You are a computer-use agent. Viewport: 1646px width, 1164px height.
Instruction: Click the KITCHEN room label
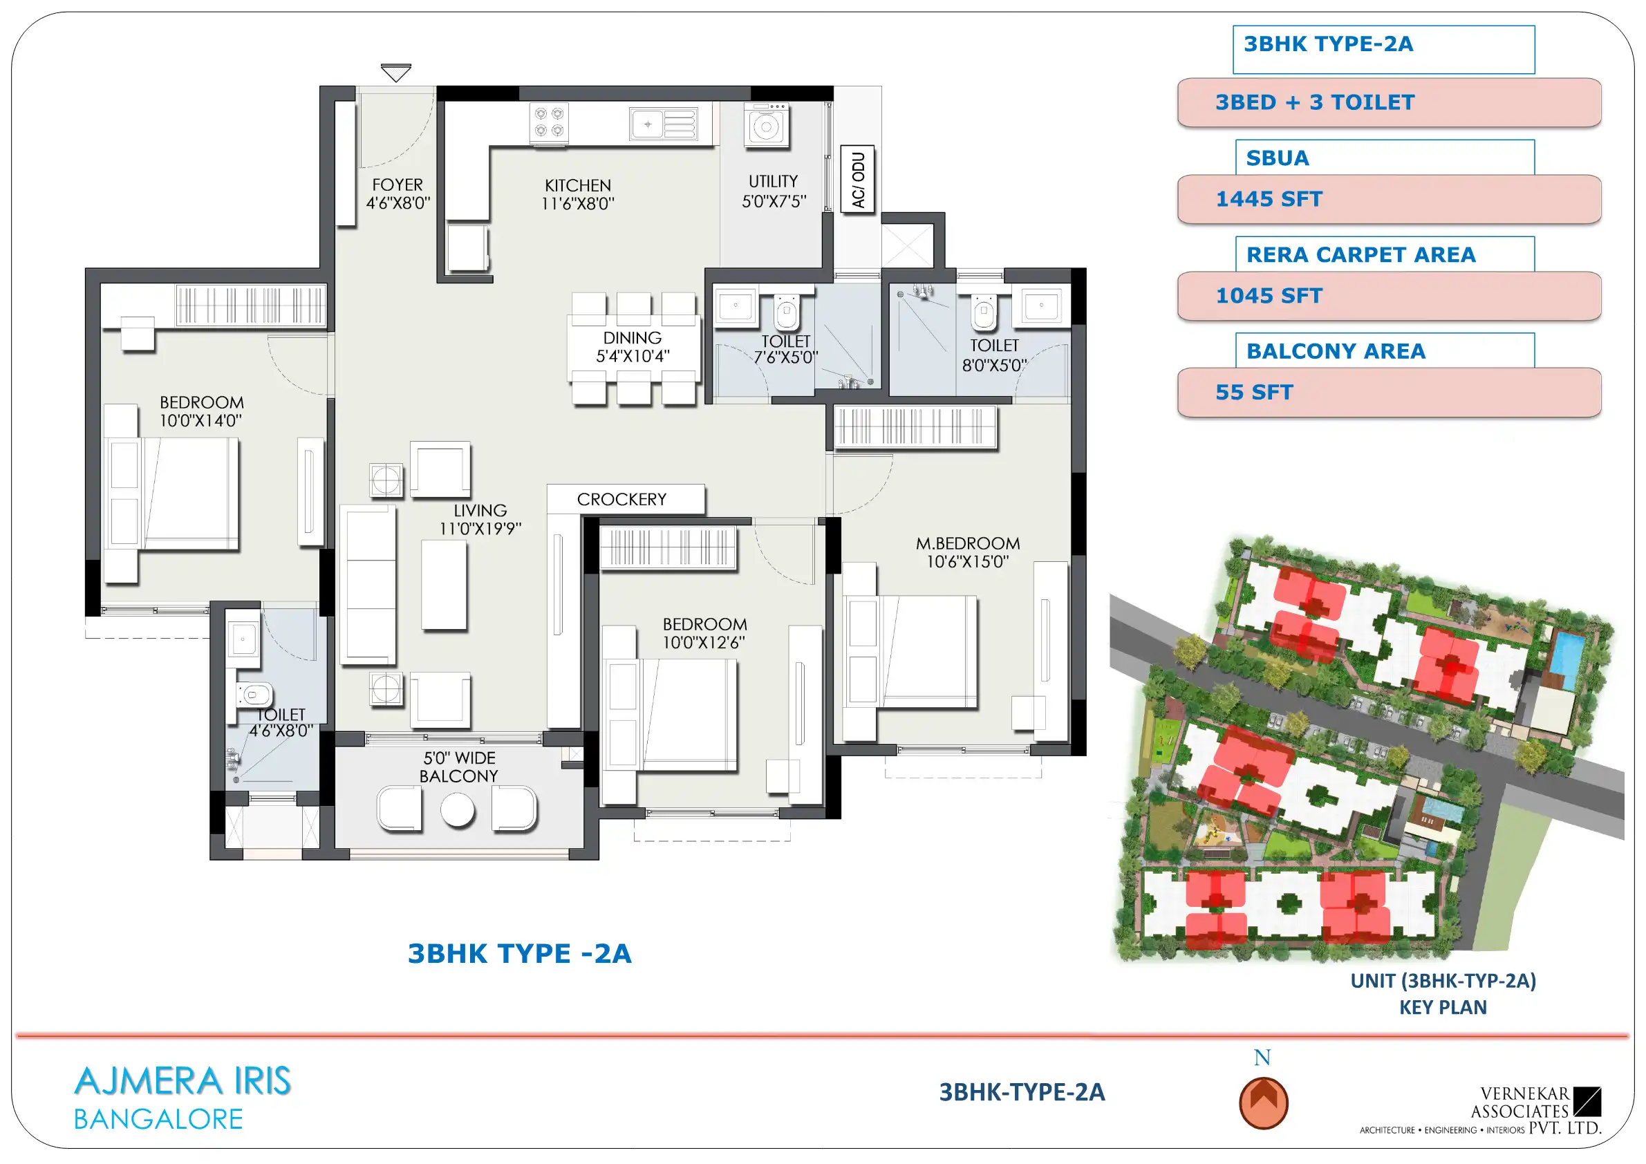[577, 186]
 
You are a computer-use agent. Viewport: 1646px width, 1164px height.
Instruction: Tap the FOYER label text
[398, 185]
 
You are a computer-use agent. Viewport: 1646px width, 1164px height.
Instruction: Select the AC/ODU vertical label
[857, 179]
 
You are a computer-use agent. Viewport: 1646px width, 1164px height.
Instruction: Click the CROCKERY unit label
[621, 500]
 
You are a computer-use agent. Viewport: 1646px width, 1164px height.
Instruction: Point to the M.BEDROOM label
[967, 544]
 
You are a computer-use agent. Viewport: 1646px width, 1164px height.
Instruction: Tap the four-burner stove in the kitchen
[548, 122]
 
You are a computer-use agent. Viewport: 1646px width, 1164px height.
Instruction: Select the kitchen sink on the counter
[663, 124]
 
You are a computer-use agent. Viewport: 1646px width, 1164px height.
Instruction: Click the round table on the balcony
[458, 810]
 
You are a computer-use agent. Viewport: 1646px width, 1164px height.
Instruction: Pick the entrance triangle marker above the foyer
[395, 73]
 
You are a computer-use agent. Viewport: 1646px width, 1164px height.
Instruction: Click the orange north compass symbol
[1263, 1103]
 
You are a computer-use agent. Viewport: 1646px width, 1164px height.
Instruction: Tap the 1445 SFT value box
[1389, 199]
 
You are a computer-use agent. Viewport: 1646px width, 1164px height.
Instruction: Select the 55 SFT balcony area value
[1254, 393]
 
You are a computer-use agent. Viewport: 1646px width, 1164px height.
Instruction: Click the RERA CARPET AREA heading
[1360, 255]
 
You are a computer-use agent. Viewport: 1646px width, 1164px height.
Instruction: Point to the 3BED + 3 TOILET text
[1315, 102]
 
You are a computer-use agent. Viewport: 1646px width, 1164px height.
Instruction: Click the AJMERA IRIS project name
[183, 1082]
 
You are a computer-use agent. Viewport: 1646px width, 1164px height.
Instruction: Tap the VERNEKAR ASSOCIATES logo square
[1587, 1102]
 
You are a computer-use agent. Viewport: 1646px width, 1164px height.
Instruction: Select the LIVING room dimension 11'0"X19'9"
[480, 529]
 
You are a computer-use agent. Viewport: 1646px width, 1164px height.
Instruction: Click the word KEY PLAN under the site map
[1443, 1008]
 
